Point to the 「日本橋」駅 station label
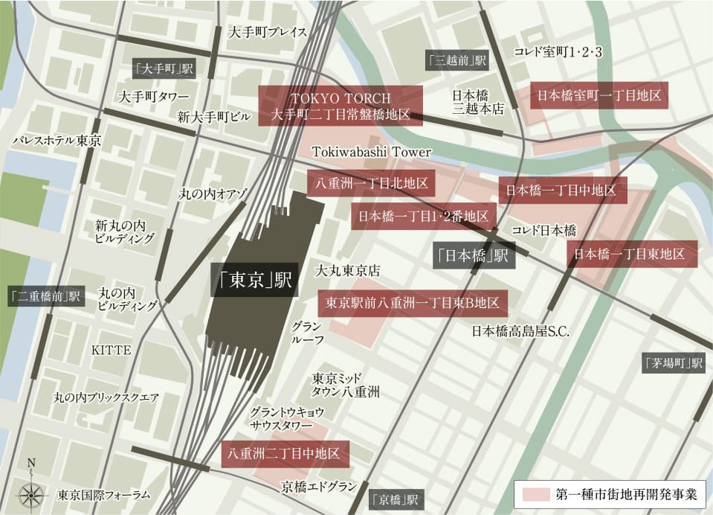click(474, 255)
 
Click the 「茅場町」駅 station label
click(674, 363)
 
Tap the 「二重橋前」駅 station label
click(45, 295)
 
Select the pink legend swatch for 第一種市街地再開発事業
click(535, 494)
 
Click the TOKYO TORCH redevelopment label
click(341, 106)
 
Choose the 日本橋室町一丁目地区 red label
click(599, 95)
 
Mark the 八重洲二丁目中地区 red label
click(285, 453)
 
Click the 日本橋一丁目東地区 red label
click(632, 254)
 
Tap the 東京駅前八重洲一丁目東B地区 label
click(413, 303)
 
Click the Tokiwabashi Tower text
click(371, 152)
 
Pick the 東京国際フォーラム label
click(103, 494)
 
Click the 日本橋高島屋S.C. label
click(520, 332)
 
